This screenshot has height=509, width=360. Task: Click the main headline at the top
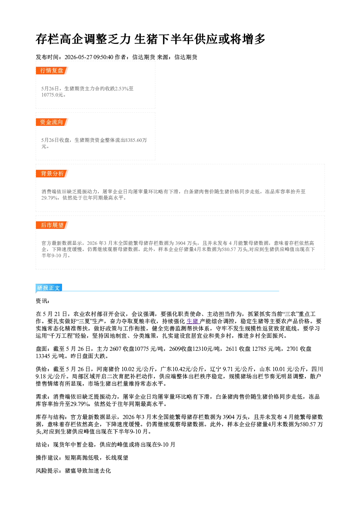tap(150, 39)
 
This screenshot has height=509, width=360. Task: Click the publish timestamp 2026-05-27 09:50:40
tap(89, 57)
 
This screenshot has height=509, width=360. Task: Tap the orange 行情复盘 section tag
tap(52, 70)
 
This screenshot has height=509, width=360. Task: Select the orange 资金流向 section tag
tap(52, 122)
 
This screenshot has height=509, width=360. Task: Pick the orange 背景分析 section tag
tap(52, 174)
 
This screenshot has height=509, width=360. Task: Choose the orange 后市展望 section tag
tap(52, 225)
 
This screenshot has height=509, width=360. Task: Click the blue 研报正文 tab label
tap(49, 288)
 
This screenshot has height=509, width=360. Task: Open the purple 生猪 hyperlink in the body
tap(192, 321)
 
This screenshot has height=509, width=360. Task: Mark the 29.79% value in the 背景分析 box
tap(49, 198)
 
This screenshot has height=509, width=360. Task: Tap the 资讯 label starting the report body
tap(42, 301)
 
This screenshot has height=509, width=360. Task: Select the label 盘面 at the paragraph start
tap(42, 349)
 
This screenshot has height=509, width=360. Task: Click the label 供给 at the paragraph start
tap(42, 369)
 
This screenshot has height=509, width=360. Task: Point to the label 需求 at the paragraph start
tap(42, 397)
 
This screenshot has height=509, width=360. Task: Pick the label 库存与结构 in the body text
tap(50, 417)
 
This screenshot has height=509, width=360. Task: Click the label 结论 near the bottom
tap(42, 444)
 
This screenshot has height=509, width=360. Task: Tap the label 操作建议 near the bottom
tap(47, 457)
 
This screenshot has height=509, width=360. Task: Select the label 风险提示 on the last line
tap(47, 471)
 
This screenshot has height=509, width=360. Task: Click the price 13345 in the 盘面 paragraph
tap(43, 356)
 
